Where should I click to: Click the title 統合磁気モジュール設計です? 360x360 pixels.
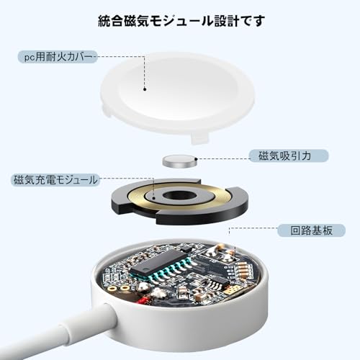pos(180,20)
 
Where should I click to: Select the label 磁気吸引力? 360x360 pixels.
pos(277,156)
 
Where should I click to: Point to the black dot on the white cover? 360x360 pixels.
pos(145,90)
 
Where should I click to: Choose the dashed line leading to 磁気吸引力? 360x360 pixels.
pos(220,156)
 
